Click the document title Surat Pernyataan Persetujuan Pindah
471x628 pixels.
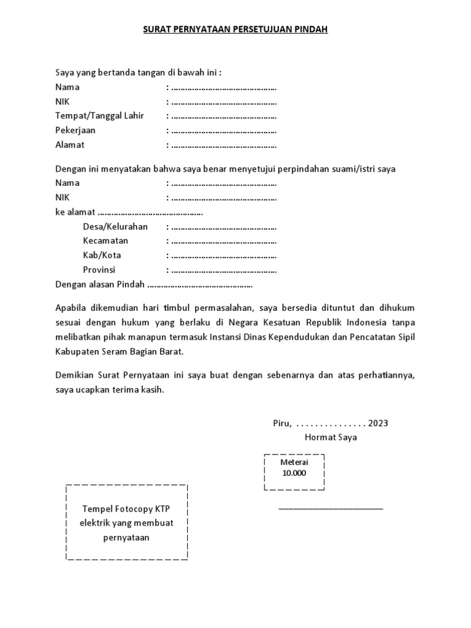click(x=236, y=29)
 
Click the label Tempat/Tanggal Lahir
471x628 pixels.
click(x=99, y=116)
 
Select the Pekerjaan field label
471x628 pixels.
click(x=75, y=131)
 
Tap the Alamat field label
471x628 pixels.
click(x=70, y=145)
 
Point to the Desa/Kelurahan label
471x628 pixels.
click(x=115, y=227)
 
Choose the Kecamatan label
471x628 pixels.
click(x=105, y=241)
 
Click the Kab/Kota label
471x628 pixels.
click(x=102, y=255)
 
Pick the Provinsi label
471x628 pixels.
click(x=99, y=270)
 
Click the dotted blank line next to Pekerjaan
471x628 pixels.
click(x=224, y=131)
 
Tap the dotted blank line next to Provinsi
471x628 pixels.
click(x=224, y=270)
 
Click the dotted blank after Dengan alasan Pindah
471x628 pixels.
click(x=200, y=285)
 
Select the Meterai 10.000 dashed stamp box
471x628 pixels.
click(x=294, y=472)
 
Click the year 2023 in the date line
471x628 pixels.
click(x=378, y=423)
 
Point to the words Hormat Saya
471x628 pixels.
click(x=331, y=437)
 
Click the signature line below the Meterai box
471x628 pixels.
click(x=331, y=508)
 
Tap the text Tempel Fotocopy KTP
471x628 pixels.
click(x=126, y=509)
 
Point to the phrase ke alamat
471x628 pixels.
click(x=75, y=212)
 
